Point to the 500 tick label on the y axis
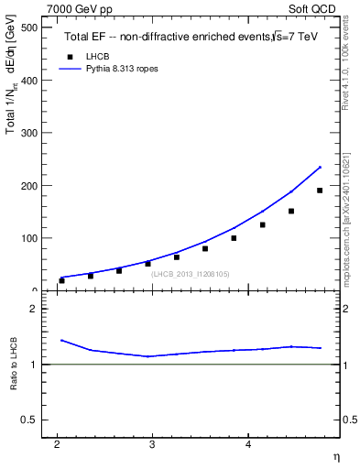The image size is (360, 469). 28,27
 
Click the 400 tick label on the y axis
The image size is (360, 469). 28,81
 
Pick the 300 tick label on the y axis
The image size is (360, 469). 28,133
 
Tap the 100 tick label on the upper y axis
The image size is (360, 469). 28,238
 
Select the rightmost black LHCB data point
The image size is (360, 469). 320,191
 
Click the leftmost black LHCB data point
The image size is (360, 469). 61,280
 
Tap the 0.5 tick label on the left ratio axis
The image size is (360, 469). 29,420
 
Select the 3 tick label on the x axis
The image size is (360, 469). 152,444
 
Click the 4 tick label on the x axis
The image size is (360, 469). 247,444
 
